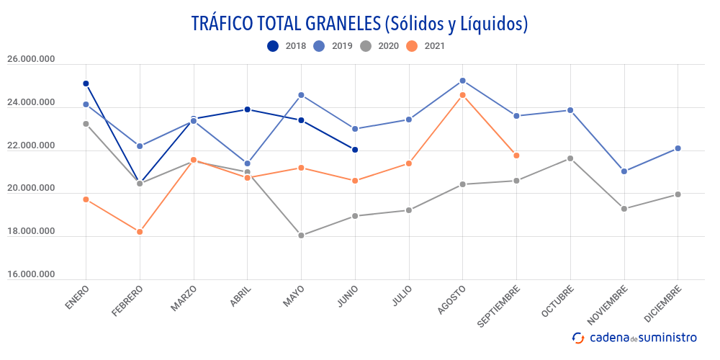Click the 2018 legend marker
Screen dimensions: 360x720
(273, 46)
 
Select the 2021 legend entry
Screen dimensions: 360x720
(425, 46)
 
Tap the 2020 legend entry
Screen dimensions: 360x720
(378, 46)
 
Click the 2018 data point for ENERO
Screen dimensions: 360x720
(86, 84)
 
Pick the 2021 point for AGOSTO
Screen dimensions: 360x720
(462, 95)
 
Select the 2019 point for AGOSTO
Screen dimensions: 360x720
(462, 81)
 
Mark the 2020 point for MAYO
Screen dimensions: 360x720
(301, 235)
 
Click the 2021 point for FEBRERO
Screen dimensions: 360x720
(140, 232)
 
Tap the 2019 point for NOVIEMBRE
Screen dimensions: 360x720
(624, 171)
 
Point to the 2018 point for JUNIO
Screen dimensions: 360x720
(355, 150)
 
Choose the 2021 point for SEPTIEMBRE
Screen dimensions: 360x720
(516, 156)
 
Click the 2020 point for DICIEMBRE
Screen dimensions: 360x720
(678, 194)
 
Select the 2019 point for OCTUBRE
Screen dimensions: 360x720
(570, 110)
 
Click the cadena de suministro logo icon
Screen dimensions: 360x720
(577, 338)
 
